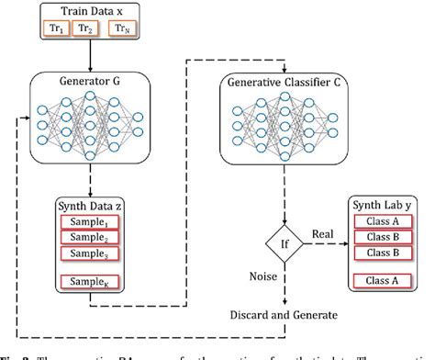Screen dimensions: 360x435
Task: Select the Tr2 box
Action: [85, 28]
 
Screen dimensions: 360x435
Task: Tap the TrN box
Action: [125, 28]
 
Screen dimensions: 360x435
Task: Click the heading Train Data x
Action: [91, 12]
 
